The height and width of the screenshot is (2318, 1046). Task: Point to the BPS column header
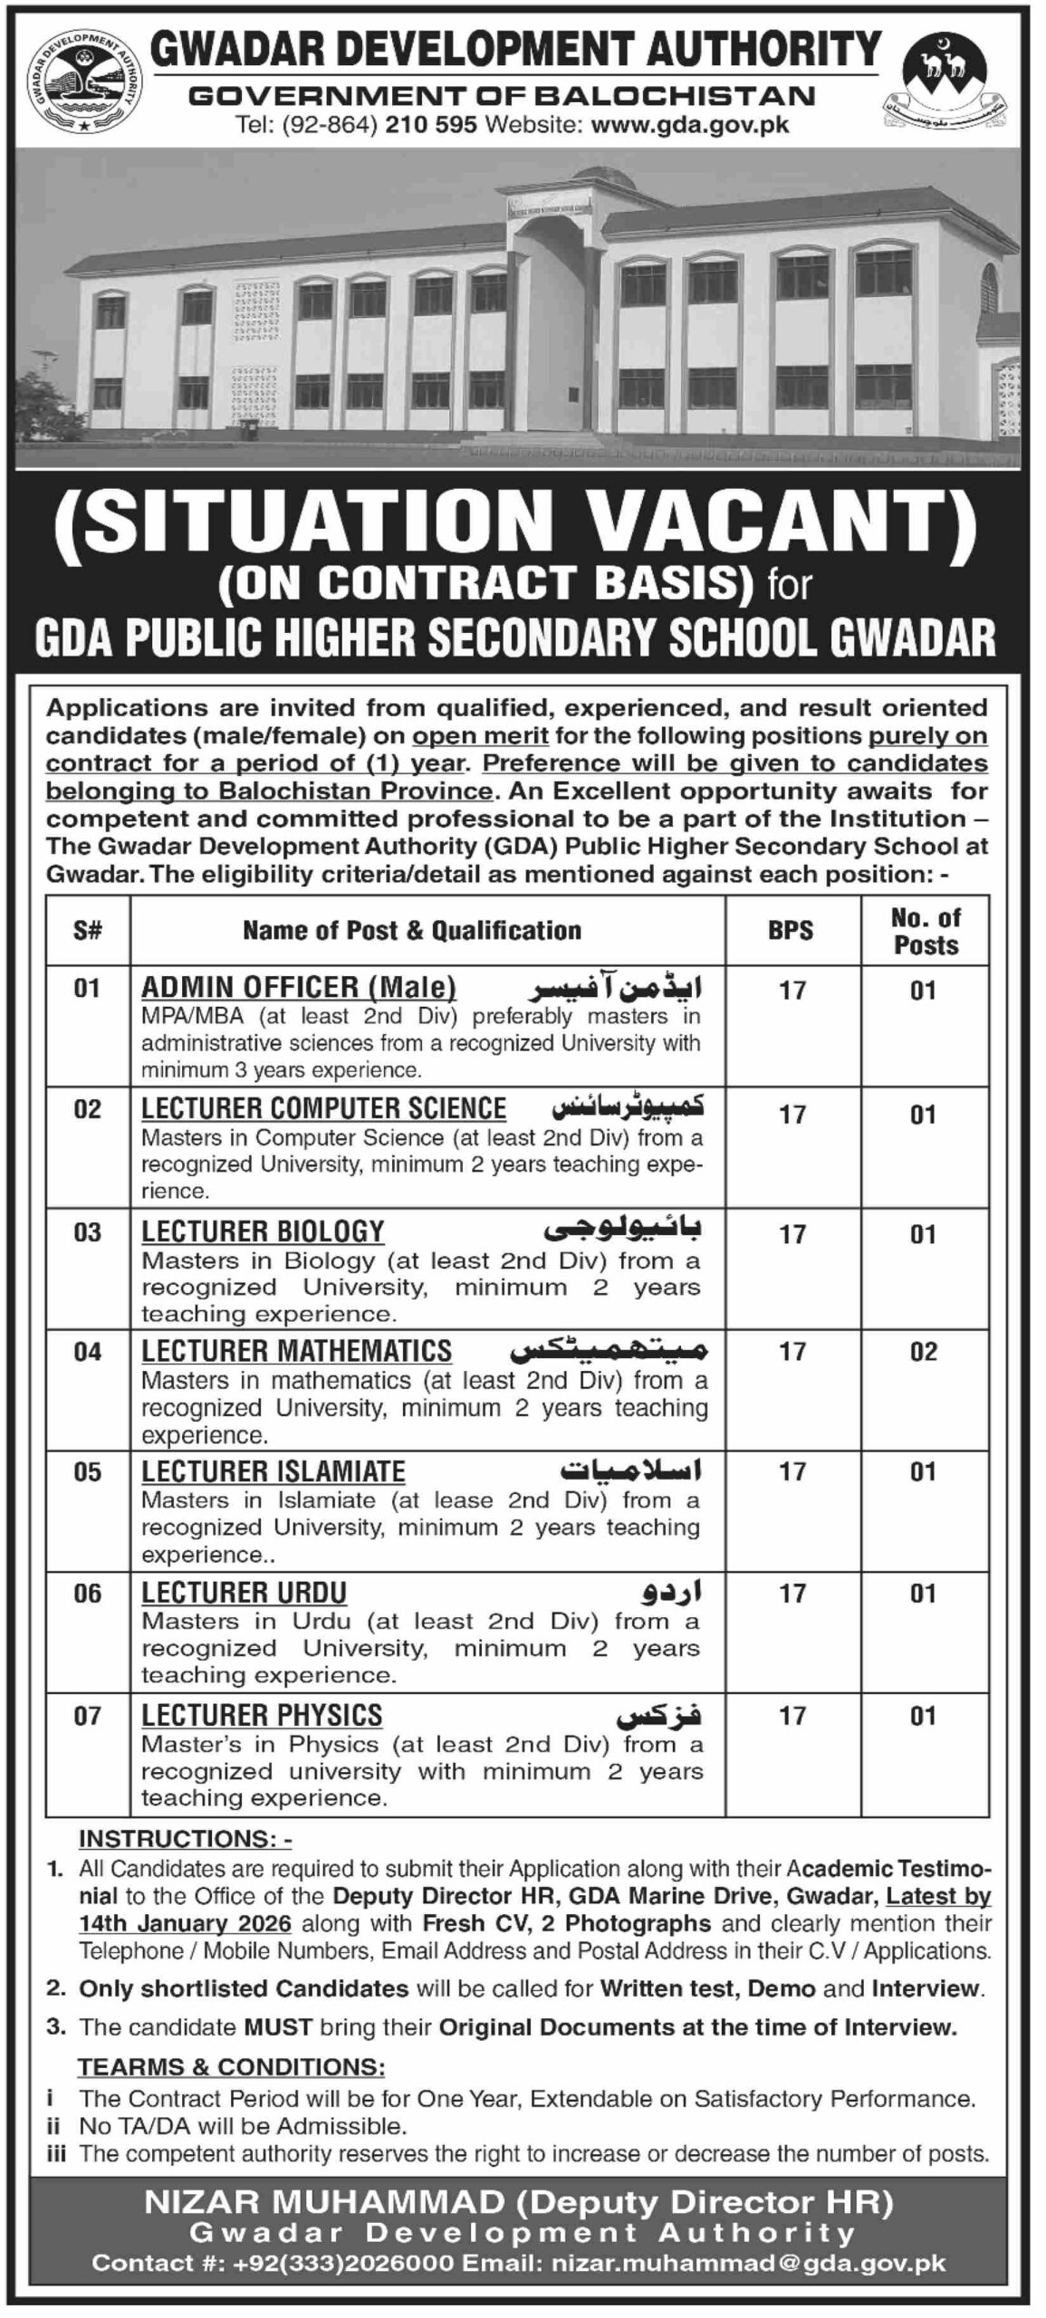click(x=791, y=930)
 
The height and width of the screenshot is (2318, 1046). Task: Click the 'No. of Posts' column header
click(x=925, y=931)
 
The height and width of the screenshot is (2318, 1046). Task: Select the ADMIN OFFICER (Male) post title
click(x=299, y=986)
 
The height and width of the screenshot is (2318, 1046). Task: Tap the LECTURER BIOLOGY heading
click(x=263, y=1231)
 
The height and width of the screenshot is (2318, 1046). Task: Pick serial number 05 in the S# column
click(x=88, y=1472)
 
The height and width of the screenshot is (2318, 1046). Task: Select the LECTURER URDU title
click(x=244, y=1593)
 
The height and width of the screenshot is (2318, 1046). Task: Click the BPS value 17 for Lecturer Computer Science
click(x=792, y=1115)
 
